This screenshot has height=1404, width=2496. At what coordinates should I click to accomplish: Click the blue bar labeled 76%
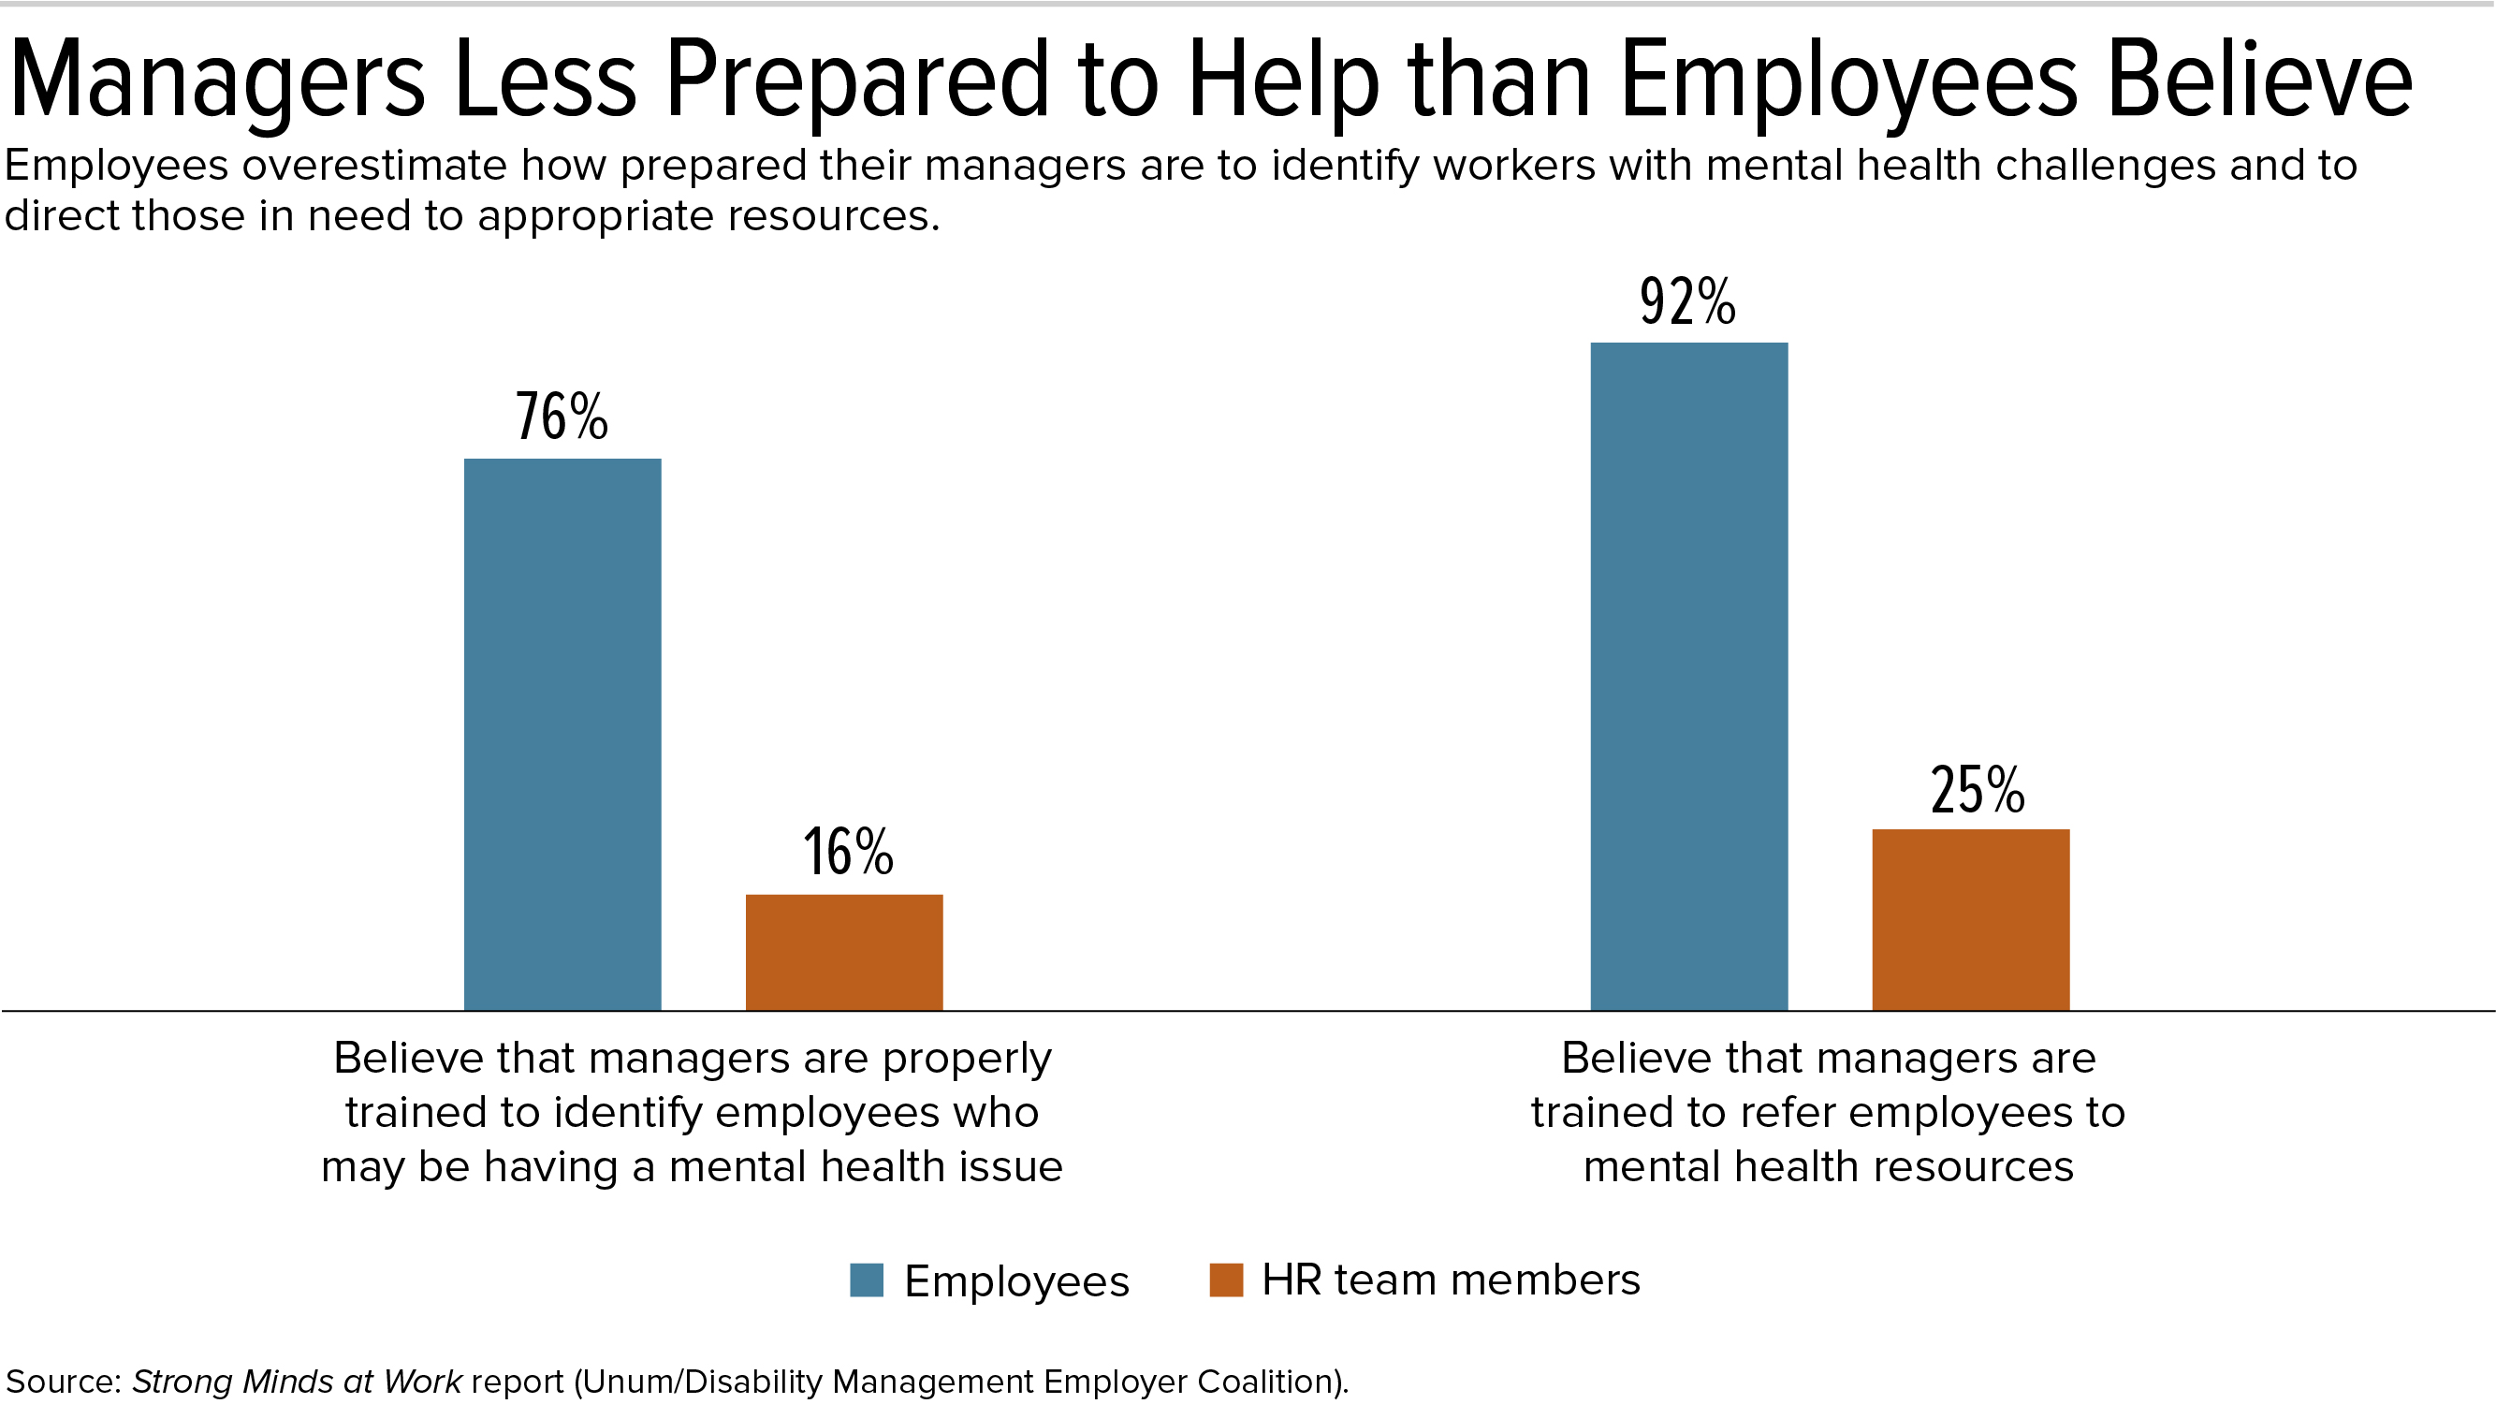coord(562,734)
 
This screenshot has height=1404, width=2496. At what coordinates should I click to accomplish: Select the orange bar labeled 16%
coord(844,952)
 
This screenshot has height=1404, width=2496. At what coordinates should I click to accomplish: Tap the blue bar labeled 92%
coord(1689,676)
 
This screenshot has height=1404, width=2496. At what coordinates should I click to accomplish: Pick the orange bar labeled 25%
coord(1971,918)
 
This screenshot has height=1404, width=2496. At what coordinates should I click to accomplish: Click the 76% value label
coord(562,417)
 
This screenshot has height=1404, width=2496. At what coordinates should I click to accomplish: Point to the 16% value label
coord(848,852)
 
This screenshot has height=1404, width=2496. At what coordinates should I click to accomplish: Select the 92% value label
coord(1688,301)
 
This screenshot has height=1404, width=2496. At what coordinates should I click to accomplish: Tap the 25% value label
coord(1977,790)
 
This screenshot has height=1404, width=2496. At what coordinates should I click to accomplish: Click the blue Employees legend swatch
coord(867,1280)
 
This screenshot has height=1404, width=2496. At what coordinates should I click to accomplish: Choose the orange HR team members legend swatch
coord(1226,1280)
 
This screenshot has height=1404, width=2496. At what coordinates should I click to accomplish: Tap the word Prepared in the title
coord(858,82)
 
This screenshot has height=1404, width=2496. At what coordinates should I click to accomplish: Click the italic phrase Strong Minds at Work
coord(297,1381)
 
